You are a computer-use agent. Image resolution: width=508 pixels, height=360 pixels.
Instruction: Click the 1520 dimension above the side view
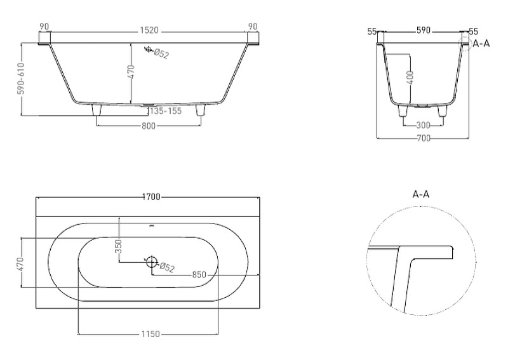point(149,30)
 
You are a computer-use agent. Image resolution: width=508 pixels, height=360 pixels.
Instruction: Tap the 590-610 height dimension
point(21,79)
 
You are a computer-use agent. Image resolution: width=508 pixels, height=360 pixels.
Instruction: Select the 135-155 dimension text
point(166,111)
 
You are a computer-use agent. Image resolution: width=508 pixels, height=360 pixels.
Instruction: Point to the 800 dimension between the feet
point(149,126)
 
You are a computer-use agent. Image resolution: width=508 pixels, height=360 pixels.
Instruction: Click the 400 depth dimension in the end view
point(410,77)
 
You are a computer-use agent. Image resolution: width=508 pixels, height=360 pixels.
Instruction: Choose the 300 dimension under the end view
point(423,125)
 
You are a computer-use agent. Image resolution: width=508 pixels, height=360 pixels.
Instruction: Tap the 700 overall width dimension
point(424,138)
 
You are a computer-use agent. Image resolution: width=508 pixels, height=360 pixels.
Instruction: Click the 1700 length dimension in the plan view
point(151,197)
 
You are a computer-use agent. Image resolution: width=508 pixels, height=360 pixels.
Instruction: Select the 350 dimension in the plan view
point(119,246)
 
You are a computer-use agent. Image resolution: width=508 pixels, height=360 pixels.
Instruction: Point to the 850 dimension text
point(199,275)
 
